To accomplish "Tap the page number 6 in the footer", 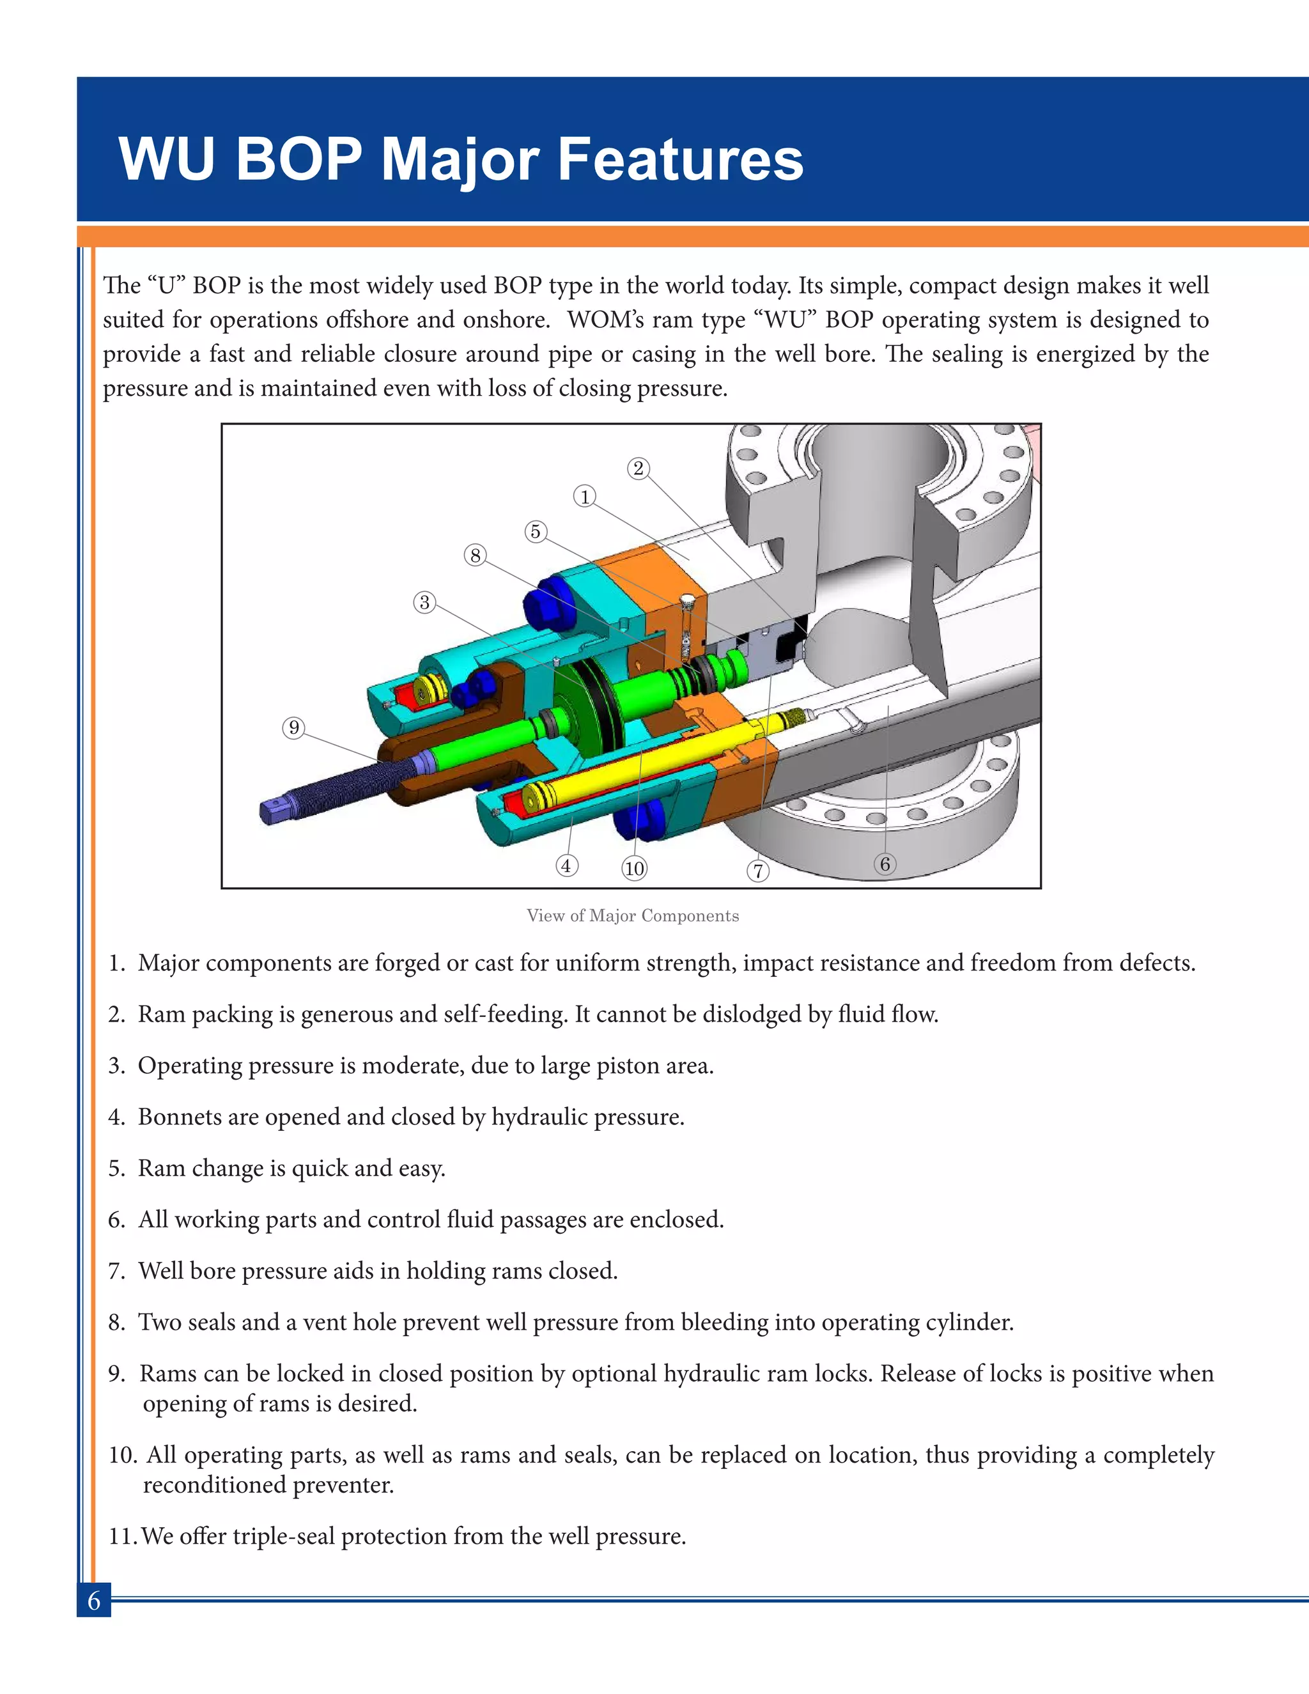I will (x=94, y=1600).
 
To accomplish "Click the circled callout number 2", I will (x=639, y=469).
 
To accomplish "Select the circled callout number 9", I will (x=293, y=727).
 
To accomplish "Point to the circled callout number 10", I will (x=634, y=868).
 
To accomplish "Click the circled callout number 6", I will (x=885, y=864).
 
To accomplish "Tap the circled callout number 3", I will (x=424, y=602).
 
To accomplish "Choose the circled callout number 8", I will (x=476, y=556).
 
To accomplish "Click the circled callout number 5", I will (x=535, y=531).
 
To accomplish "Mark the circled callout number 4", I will (x=566, y=865).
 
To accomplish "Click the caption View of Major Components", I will (x=633, y=915).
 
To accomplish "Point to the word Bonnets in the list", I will (x=179, y=1117).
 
